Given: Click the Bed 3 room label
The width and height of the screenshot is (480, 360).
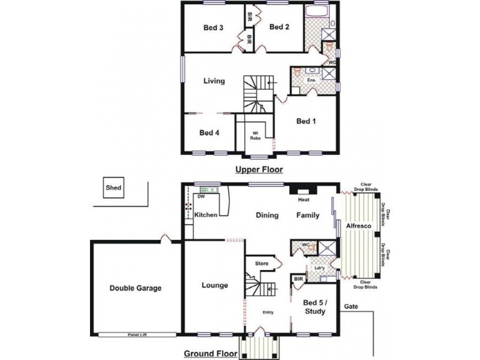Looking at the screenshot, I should (x=213, y=27).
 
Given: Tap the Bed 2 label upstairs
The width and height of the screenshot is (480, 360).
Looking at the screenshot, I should (x=280, y=27).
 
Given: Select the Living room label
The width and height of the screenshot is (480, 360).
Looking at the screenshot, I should (x=214, y=81).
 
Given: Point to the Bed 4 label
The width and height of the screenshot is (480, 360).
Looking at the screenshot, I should (x=209, y=133).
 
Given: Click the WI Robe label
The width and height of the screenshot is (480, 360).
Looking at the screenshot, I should (x=255, y=135).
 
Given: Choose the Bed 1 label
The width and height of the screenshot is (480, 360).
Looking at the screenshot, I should (x=306, y=121).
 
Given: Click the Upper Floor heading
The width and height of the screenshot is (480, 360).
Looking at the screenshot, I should (x=259, y=170).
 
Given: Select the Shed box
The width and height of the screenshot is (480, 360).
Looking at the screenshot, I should (x=113, y=188).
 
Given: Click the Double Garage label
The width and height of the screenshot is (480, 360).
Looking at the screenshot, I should (x=135, y=288).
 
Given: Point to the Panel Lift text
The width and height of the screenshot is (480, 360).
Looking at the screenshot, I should (x=137, y=335).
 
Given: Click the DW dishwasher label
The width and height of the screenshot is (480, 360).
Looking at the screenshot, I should (x=201, y=196).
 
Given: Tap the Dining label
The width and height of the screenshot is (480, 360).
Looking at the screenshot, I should (x=268, y=215).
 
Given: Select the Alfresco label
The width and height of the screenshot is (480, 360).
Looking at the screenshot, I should (x=359, y=225).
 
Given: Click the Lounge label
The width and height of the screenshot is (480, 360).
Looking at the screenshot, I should (x=214, y=286).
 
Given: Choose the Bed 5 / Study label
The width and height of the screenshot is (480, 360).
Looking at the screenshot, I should (x=314, y=307).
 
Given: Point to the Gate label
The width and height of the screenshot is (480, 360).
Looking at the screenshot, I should (x=351, y=306).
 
